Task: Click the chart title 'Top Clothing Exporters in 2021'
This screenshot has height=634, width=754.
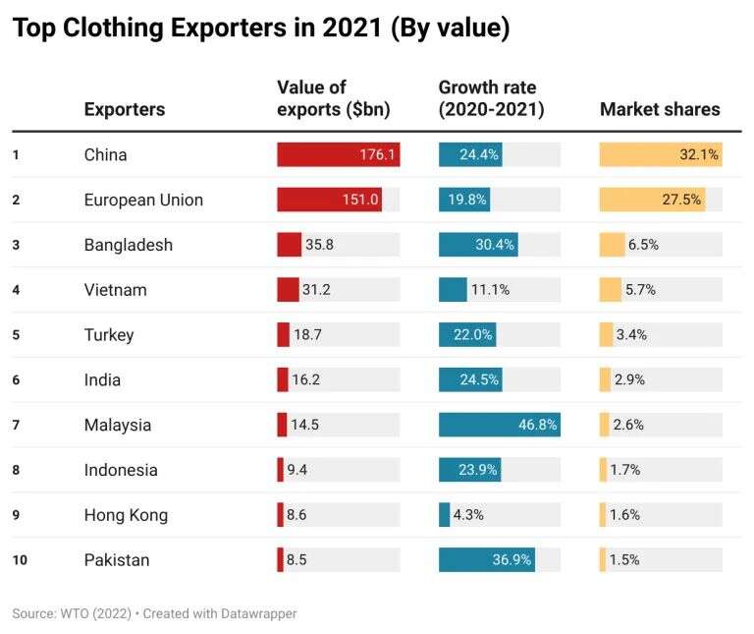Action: [260, 29]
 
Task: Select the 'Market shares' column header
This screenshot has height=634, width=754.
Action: [660, 109]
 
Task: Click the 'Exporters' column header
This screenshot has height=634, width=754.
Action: [125, 109]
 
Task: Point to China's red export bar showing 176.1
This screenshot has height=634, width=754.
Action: [338, 154]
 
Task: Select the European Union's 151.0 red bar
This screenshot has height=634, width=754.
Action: [329, 200]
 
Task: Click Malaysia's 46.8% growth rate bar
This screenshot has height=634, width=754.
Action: [499, 425]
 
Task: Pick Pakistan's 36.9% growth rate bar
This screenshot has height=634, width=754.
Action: [486, 560]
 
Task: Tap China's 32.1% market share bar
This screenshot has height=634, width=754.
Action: [661, 154]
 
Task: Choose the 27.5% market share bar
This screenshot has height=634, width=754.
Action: [652, 200]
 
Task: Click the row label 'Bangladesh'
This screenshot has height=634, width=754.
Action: [129, 245]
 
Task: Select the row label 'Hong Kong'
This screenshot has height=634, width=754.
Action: [126, 515]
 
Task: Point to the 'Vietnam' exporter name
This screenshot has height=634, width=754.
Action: [116, 290]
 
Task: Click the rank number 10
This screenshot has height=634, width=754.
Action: [19, 560]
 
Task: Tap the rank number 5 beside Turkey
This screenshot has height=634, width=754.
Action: [16, 335]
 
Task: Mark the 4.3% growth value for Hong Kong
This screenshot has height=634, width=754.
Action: [468, 515]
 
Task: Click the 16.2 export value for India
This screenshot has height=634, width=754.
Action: [307, 380]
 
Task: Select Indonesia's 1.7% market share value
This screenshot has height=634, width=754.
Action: [625, 470]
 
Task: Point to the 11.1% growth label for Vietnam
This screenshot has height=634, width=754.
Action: [490, 290]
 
